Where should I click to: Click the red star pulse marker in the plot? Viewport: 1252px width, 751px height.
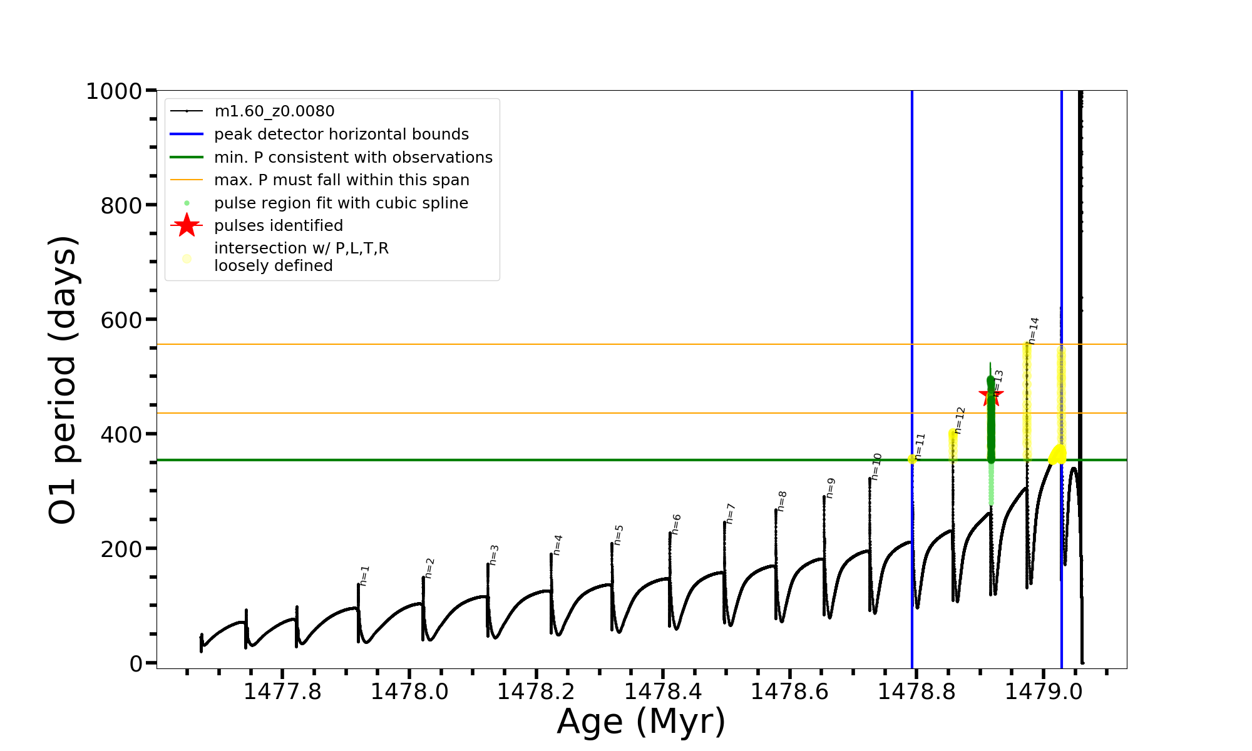pos(991,395)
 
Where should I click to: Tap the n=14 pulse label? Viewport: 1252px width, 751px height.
pos(1033,330)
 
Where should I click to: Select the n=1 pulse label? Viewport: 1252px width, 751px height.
pos(364,575)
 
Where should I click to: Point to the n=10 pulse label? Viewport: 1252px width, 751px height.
pos(876,466)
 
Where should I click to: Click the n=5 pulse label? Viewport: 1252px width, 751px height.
pos(618,534)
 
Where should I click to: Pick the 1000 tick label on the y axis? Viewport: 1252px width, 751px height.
pos(114,91)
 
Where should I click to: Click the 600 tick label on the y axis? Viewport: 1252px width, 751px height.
pos(121,320)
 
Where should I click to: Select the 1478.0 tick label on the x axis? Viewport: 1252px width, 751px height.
pos(409,692)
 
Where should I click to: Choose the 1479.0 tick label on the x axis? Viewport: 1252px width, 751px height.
pos(1044,692)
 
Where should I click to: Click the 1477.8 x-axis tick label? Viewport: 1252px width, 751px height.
pos(282,692)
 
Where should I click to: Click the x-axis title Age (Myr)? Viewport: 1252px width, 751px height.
pos(641,722)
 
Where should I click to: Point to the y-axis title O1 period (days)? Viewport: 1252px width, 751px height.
pos(63,380)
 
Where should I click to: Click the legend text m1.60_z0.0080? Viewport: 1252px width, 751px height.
pos(274,111)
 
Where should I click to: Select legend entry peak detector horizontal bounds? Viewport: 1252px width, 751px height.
pos(341,135)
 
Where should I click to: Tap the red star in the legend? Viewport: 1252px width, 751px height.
pos(187,225)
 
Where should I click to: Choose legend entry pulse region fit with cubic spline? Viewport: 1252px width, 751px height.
pos(341,203)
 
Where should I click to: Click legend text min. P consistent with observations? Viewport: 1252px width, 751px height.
pos(353,158)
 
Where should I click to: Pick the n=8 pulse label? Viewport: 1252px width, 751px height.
pos(782,501)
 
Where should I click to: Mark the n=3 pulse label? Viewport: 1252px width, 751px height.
pos(494,554)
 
